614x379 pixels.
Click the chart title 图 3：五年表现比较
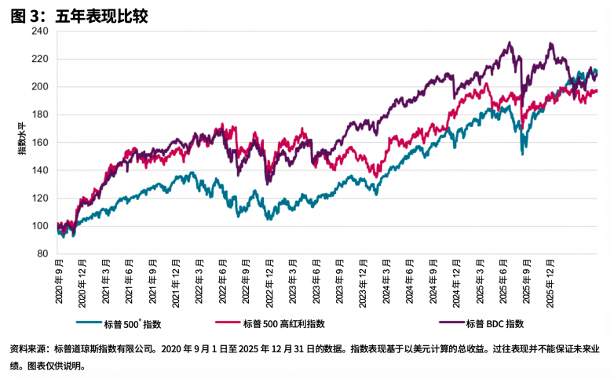click(x=79, y=14)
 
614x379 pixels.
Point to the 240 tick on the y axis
click(x=40, y=31)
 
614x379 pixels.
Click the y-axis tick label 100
click(x=40, y=226)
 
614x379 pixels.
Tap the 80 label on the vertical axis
click(x=42, y=254)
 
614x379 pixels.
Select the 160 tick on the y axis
click(x=40, y=143)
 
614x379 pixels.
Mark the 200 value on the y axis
click(x=40, y=87)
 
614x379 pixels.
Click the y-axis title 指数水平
click(x=23, y=143)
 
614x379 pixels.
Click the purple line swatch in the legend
click(x=440, y=323)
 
